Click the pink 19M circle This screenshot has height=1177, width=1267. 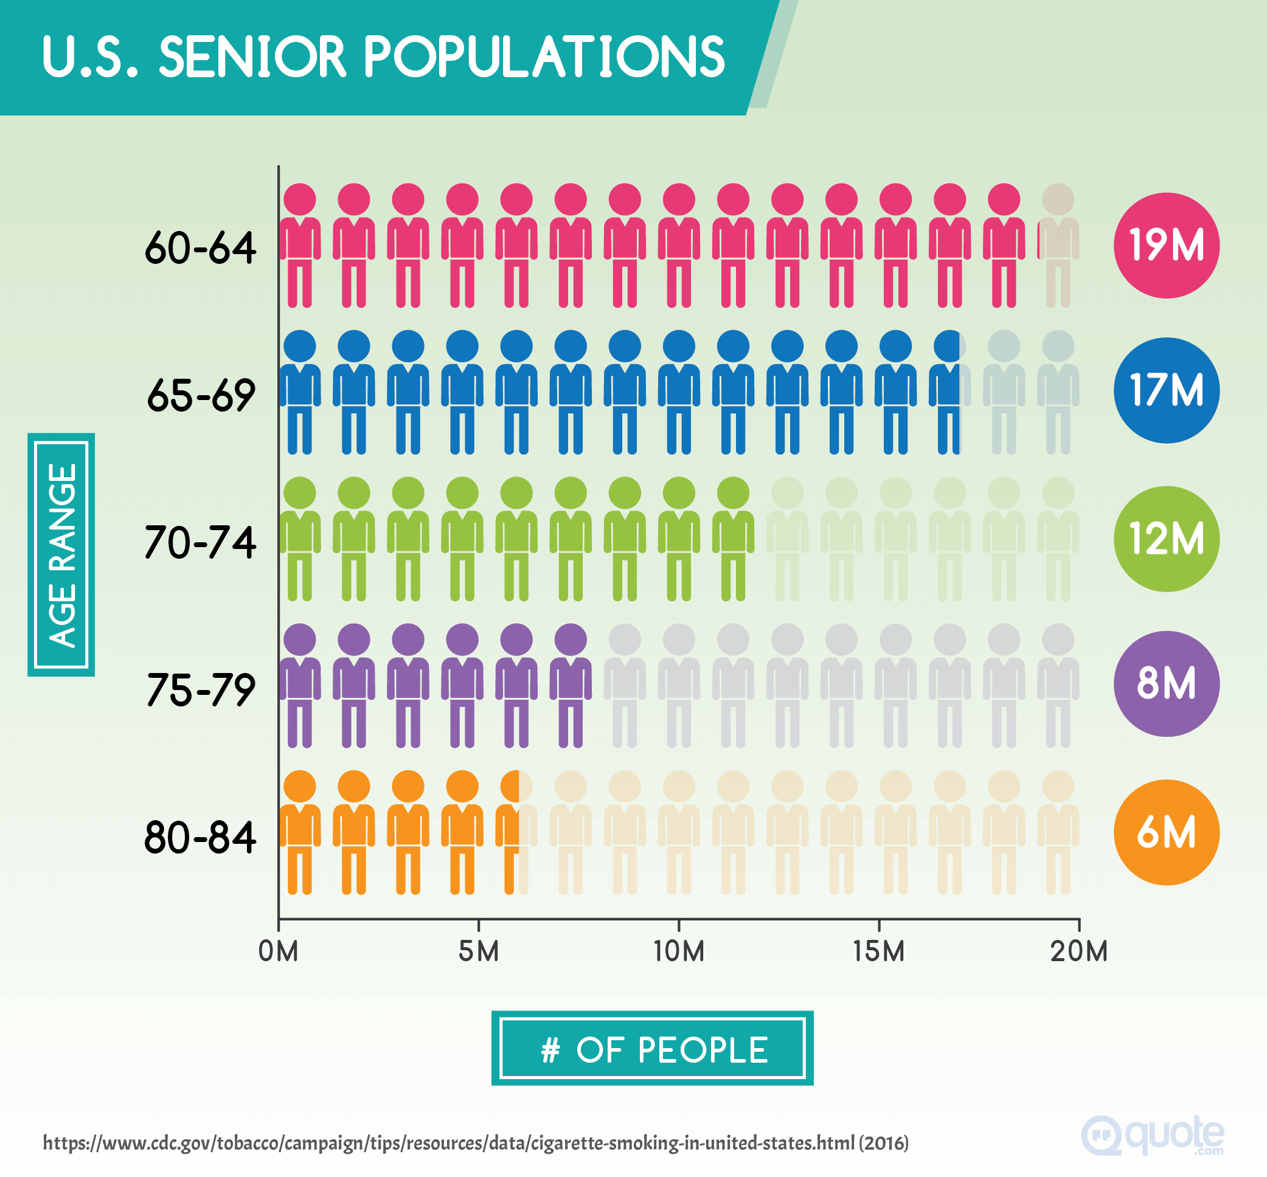tap(1165, 245)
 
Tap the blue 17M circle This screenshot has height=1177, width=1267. tap(1165, 390)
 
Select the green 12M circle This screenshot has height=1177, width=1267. tap(1165, 539)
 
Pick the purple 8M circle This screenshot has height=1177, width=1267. tap(1165, 683)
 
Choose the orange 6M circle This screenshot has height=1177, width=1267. tap(1165, 832)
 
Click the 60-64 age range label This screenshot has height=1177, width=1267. tap(200, 248)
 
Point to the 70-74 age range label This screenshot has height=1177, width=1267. tap(200, 543)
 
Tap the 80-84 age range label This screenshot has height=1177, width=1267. tap(200, 838)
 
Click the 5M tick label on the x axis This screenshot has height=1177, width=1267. tap(478, 951)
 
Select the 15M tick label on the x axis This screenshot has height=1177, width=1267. tap(878, 951)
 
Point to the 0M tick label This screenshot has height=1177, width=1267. tap(278, 951)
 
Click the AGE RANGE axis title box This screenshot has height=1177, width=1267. tap(61, 554)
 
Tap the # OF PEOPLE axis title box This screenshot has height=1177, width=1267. tap(652, 1049)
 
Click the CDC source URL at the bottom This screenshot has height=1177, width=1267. tap(475, 1142)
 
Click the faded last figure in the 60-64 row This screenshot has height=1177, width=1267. tap(1058, 245)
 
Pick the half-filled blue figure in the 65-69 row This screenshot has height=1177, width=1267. tap(949, 392)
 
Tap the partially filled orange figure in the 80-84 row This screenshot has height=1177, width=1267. tap(516, 831)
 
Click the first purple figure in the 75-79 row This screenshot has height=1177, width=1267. tap(299, 685)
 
